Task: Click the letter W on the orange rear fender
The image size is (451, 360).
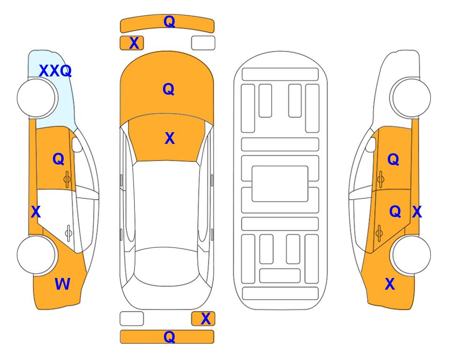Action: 62,284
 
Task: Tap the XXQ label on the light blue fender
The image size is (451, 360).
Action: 55,71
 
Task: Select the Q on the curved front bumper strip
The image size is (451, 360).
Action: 169,21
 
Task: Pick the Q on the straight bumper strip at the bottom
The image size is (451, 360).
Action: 169,337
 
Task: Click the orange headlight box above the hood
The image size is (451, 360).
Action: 132,43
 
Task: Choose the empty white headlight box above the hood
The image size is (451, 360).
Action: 203,43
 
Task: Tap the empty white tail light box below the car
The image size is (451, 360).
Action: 132,319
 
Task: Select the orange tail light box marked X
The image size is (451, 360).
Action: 203,319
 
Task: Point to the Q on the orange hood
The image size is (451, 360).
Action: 169,89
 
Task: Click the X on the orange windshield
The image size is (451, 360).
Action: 170,138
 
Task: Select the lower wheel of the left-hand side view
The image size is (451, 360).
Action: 36,255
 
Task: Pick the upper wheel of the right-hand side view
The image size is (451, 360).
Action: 411,98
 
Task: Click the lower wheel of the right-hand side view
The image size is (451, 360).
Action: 411,255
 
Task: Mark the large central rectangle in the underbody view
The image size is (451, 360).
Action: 280,184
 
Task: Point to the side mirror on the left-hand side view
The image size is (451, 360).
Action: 77,144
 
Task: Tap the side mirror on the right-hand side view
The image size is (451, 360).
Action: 370,144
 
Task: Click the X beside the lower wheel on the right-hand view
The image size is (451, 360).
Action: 390,284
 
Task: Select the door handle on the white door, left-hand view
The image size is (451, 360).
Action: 68,233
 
